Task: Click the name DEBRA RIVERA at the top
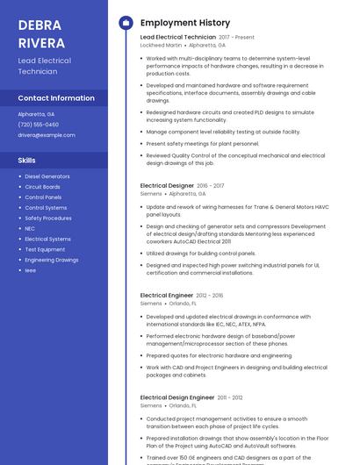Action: point(41,32)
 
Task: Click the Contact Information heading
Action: point(56,98)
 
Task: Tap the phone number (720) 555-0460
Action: point(38,125)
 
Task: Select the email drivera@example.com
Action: point(47,135)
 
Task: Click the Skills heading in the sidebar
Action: point(27,161)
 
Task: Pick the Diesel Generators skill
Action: point(47,176)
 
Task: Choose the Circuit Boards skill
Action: point(42,187)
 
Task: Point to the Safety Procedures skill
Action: point(48,218)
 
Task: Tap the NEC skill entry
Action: point(30,228)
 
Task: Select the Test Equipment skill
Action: point(45,249)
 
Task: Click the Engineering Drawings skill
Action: point(51,260)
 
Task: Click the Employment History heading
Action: point(184,22)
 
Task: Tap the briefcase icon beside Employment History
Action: point(126,22)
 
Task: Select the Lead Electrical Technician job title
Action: point(177,38)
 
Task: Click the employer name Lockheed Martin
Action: point(161,46)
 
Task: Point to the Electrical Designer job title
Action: point(167,186)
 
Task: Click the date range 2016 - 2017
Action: point(211,186)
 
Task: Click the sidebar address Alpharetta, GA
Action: point(36,114)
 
